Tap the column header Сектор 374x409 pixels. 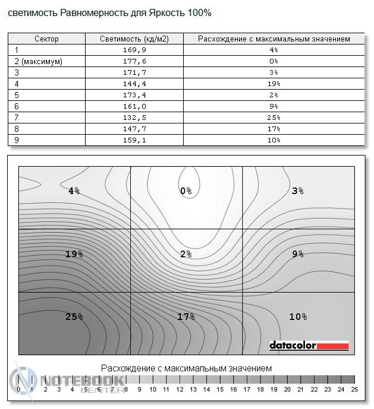46,39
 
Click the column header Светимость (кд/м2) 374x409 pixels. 134,39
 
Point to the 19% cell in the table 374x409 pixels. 274,84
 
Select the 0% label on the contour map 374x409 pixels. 186,191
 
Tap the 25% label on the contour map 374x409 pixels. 74,317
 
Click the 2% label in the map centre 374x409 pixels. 186,254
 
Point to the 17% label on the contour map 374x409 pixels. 186,317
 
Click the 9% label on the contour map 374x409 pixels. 298,254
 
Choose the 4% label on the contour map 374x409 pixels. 74,191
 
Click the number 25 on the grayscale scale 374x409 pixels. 354,389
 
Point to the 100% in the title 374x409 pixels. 199,12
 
